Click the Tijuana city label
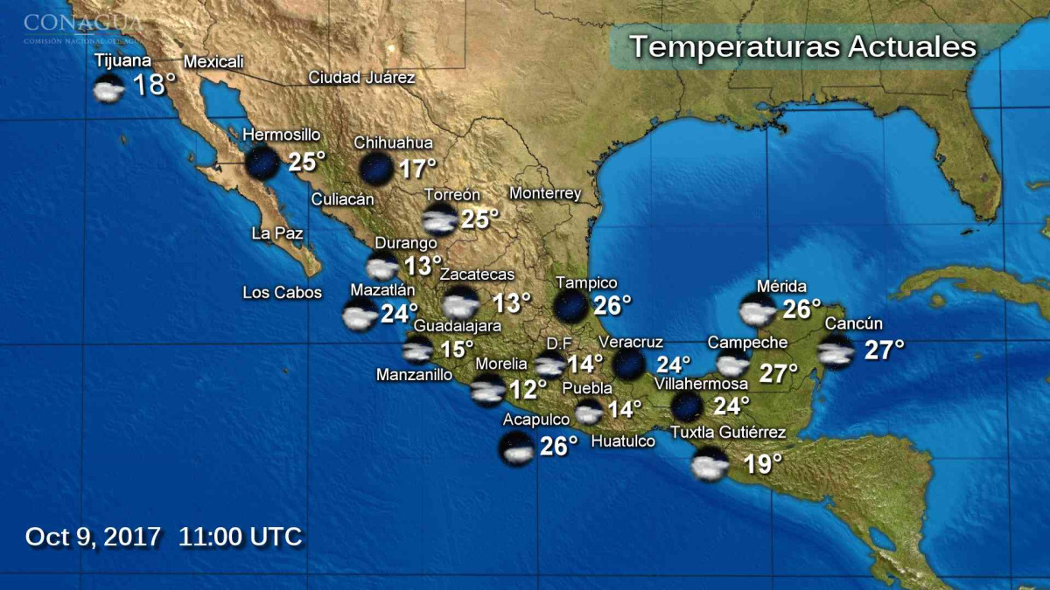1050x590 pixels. [123, 61]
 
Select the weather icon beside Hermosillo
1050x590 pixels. [262, 162]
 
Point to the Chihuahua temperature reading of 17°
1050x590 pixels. [417, 169]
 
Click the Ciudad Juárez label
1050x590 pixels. [361, 77]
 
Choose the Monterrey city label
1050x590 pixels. [545, 193]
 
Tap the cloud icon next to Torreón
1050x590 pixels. [438, 220]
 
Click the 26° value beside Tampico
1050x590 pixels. [612, 305]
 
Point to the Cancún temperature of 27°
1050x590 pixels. [884, 351]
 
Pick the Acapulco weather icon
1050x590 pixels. [516, 449]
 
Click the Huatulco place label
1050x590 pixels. [623, 441]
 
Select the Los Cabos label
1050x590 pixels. [282, 293]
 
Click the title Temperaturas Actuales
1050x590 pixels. [802, 46]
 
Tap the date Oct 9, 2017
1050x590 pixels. [93, 536]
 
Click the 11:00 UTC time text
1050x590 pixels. [240, 536]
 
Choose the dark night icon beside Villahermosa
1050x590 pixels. [687, 406]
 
